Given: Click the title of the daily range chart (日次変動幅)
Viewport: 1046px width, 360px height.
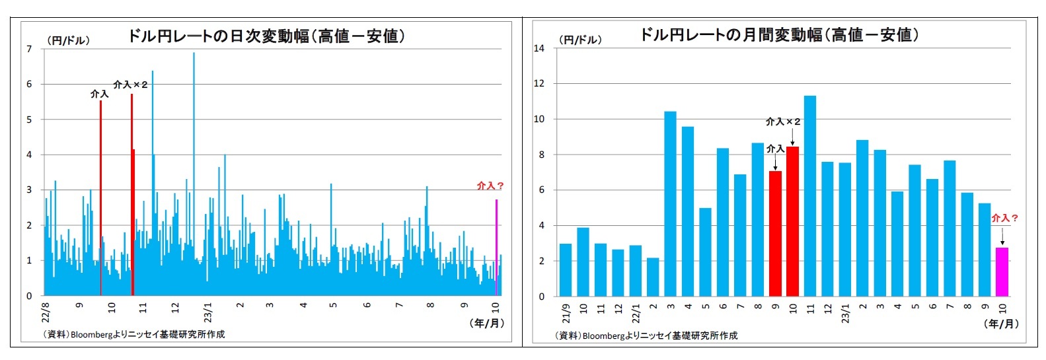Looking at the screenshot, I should (266, 36).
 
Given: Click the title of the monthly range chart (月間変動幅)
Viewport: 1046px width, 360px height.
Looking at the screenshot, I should (779, 34).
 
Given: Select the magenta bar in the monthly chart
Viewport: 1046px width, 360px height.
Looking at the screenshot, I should (1002, 272).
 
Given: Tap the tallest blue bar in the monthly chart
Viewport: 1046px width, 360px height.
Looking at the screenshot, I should (810, 196).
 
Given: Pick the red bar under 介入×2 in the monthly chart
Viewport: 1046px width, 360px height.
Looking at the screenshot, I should (792, 222).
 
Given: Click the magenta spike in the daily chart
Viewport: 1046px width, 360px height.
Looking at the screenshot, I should (496, 248).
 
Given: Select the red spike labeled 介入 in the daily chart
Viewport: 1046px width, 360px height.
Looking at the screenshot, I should (100, 198).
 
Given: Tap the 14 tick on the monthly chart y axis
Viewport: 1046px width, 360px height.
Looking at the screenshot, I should (539, 48).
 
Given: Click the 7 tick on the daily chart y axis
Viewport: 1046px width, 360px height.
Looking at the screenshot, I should (29, 49).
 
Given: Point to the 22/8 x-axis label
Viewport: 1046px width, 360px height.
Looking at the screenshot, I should (46, 310).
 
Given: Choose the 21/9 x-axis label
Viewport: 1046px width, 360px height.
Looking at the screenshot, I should (566, 312).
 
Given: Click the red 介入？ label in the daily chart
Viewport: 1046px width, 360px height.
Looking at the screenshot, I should (490, 186).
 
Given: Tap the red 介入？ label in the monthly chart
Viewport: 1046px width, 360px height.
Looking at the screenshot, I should (1004, 217).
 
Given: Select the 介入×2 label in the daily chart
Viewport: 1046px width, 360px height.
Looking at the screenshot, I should (130, 85).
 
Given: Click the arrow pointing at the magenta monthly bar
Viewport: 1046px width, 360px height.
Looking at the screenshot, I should (1002, 236).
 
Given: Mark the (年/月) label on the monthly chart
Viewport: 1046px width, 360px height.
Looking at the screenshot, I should (1001, 324).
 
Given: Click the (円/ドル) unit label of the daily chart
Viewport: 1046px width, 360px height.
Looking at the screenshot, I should (68, 40).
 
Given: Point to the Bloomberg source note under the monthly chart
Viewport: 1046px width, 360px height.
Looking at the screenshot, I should (646, 336).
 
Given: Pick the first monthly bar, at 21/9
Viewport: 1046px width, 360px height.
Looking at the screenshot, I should (566, 270).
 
